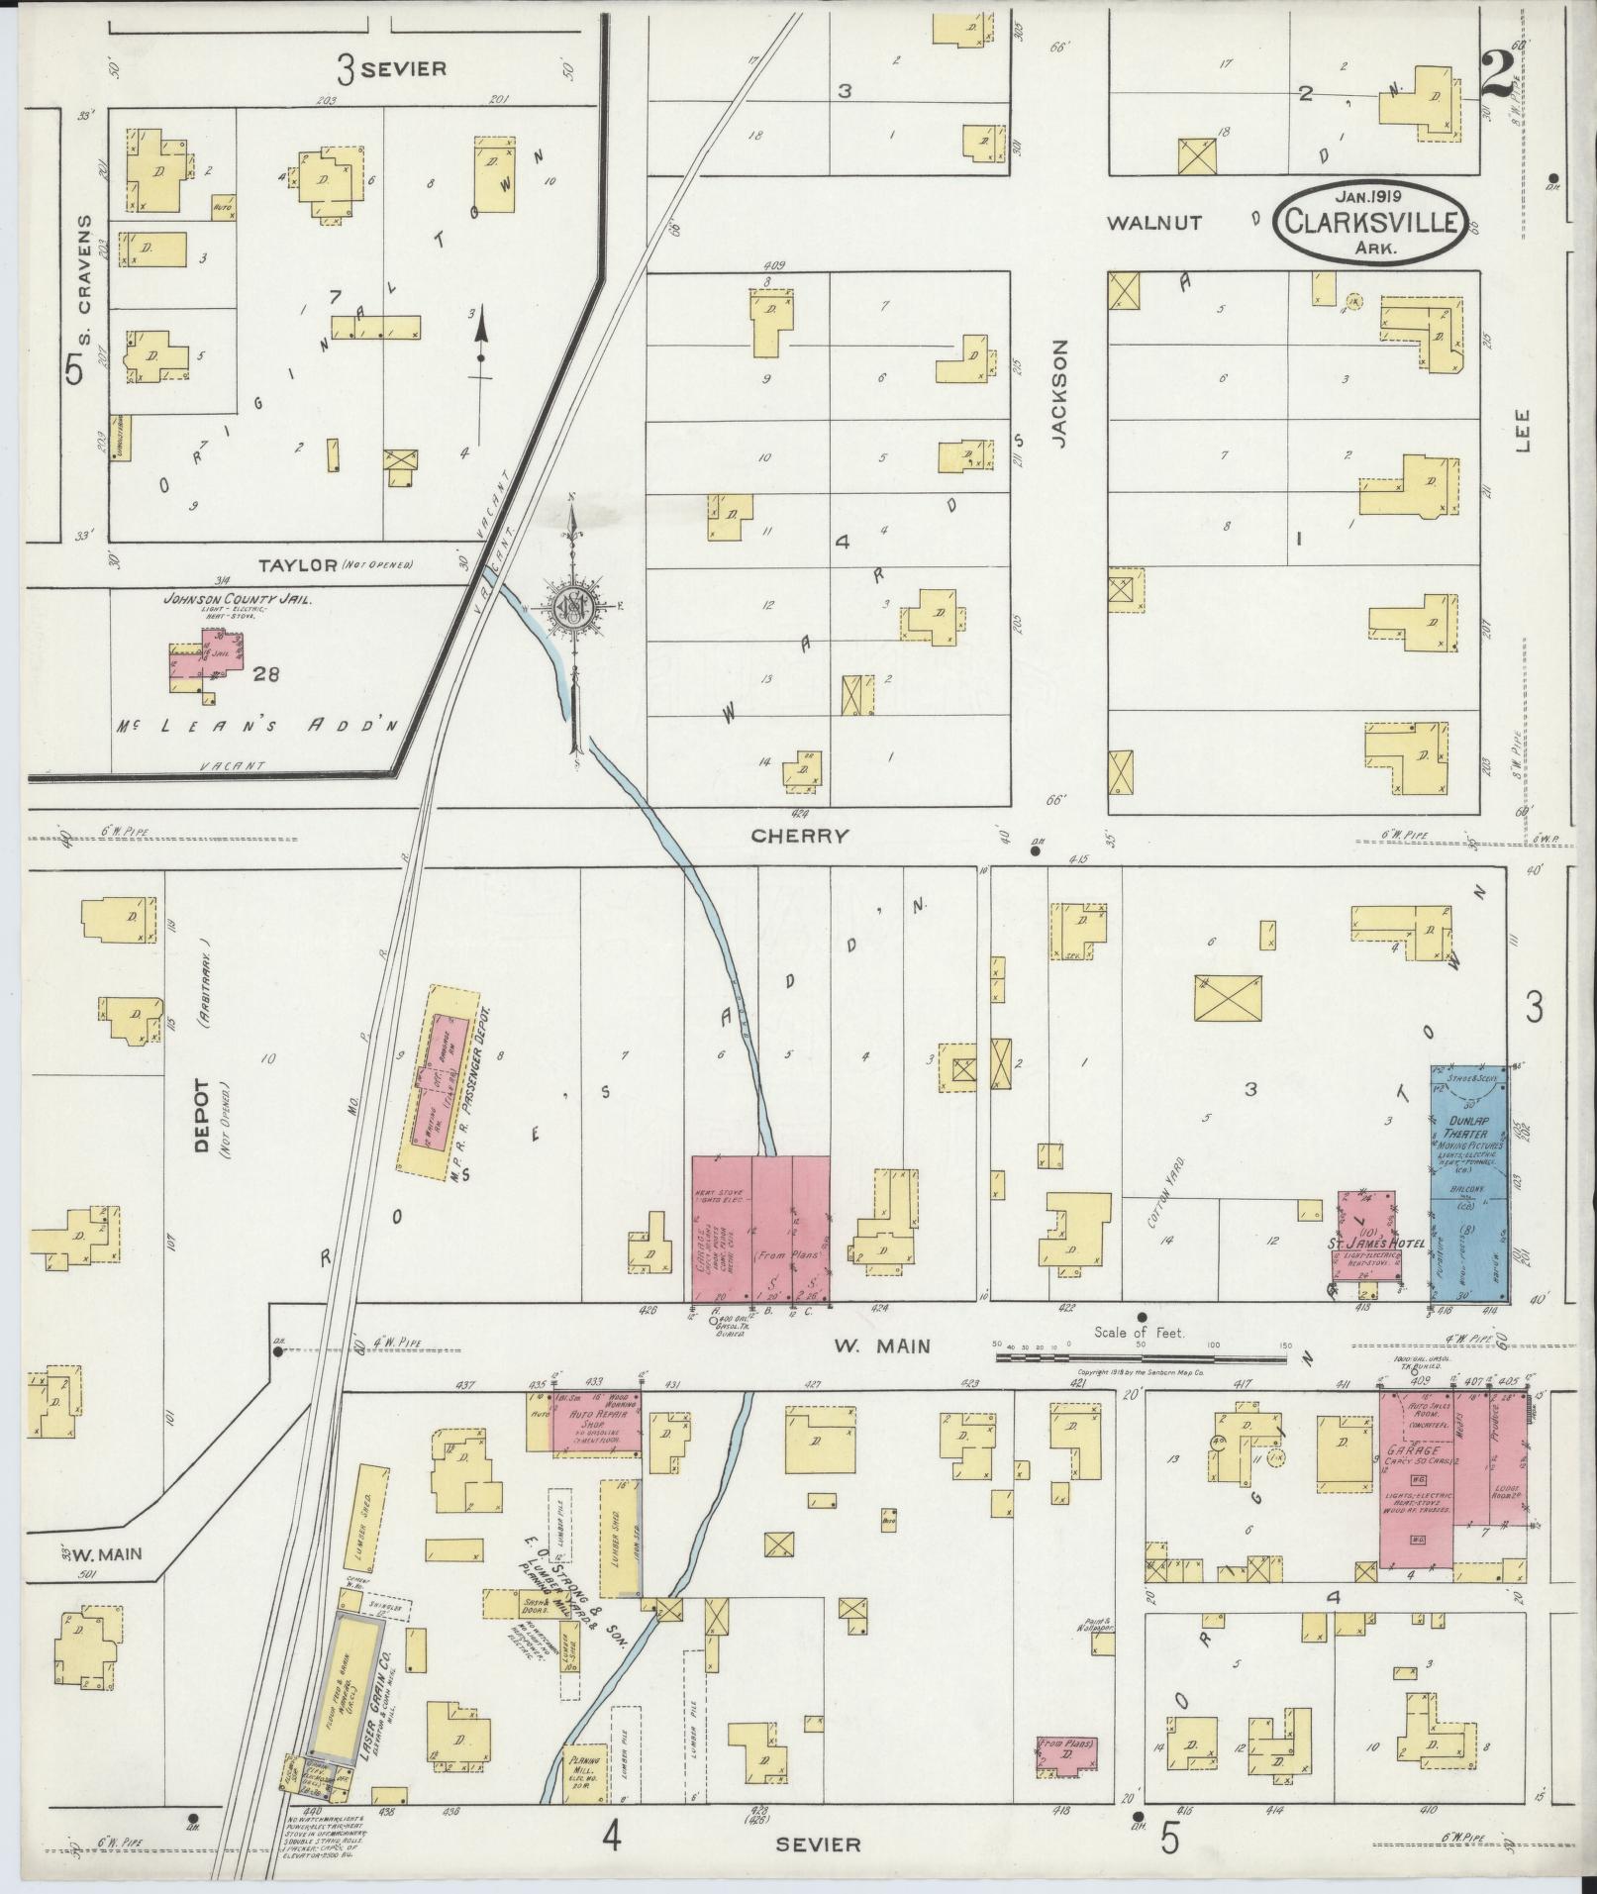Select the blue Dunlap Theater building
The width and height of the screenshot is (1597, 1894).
1469,1182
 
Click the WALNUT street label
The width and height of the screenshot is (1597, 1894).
1154,223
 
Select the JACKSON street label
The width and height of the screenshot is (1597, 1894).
1060,395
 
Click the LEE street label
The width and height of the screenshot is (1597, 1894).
1522,432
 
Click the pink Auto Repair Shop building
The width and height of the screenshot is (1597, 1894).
594,1422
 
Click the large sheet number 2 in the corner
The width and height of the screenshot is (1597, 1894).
1498,75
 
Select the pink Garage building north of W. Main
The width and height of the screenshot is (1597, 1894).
759,1228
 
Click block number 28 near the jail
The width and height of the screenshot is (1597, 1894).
265,675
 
